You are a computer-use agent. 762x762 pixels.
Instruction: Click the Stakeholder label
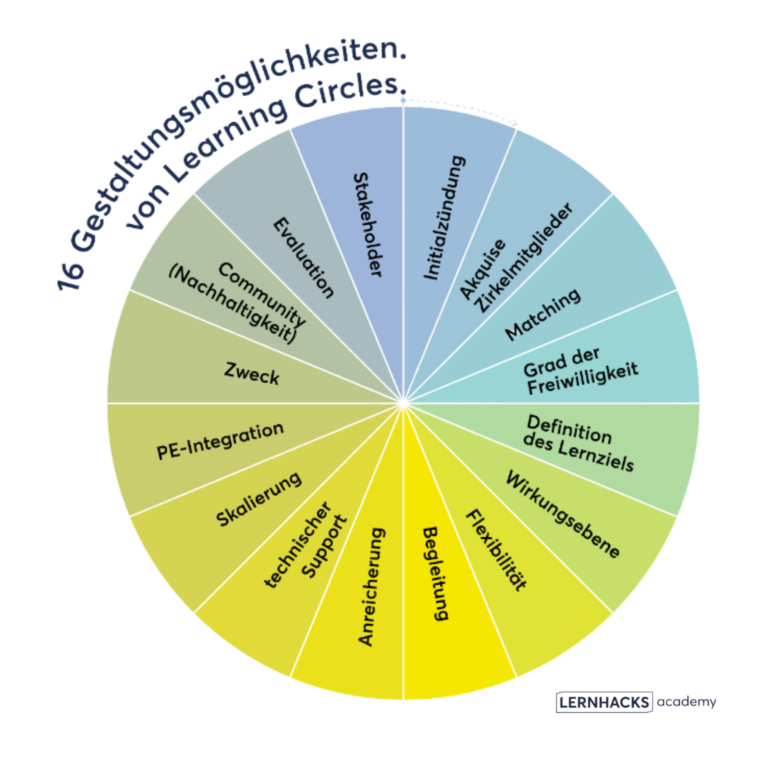368,225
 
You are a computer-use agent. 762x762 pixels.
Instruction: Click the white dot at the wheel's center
403,403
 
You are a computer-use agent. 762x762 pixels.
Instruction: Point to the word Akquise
483,269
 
